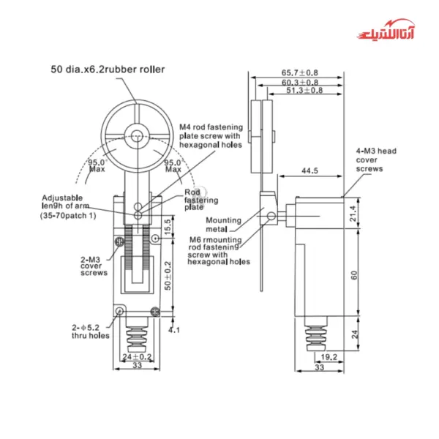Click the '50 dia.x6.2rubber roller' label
108,70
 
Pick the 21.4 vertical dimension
353,213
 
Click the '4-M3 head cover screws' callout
375,159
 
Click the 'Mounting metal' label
224,223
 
